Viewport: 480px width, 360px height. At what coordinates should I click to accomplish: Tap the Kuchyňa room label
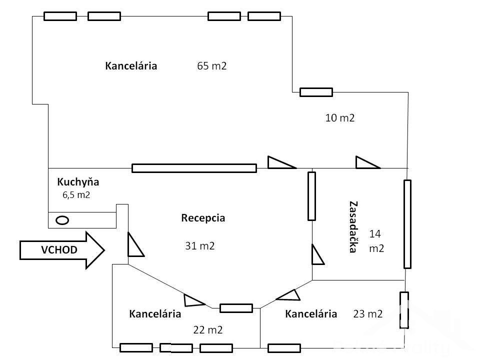pos(78,181)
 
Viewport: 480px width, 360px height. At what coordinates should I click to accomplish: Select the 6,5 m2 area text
pos(76,195)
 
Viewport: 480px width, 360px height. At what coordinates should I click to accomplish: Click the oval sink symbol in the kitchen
pos(62,219)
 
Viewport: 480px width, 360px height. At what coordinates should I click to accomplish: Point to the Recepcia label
pos(203,218)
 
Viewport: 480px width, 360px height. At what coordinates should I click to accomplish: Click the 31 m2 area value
pos(200,245)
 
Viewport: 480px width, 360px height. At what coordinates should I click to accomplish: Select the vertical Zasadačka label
pos(353,227)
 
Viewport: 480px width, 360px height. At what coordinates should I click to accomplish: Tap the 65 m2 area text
pos(212,66)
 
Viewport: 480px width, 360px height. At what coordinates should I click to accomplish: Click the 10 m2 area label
pos(340,118)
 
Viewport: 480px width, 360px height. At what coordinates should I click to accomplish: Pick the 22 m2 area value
pos(207,330)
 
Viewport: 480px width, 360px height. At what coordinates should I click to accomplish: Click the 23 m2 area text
pos(368,314)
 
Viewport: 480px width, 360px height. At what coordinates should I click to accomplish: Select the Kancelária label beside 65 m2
pos(131,66)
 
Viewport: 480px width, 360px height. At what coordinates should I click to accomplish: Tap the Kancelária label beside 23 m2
pos(311,314)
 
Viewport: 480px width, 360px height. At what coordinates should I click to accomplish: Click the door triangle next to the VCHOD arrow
pos(134,245)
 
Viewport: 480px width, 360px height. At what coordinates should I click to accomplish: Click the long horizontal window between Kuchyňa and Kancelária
pos(194,168)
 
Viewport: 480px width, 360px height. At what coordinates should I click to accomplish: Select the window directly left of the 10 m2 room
pos(316,92)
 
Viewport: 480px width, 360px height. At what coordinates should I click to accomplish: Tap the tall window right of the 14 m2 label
pos(407,224)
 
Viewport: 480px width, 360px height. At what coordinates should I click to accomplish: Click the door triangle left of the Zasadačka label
pos(317,254)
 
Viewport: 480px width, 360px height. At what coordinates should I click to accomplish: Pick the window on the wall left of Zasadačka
pos(312,196)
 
